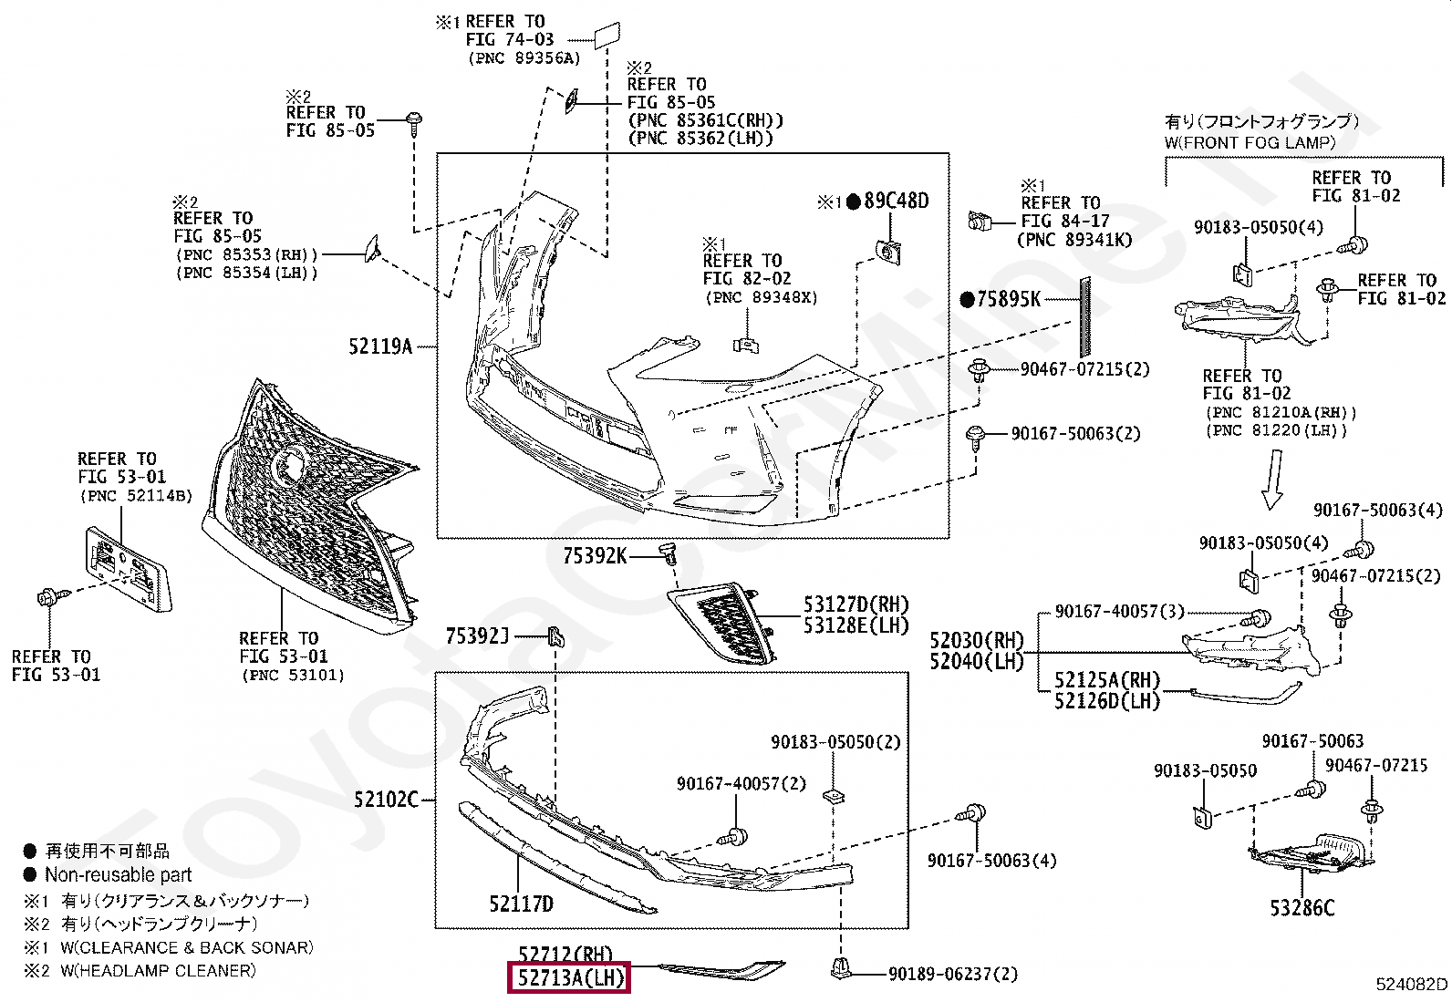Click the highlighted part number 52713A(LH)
click(568, 976)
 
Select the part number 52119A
click(380, 346)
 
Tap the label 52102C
click(386, 800)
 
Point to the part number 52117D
click(521, 904)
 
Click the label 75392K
click(595, 555)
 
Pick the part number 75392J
click(477, 636)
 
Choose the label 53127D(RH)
click(856, 604)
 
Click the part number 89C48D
click(897, 201)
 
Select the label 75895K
click(1009, 299)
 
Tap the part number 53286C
click(1302, 908)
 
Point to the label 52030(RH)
click(977, 641)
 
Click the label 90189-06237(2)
click(953, 974)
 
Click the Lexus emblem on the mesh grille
click(290, 465)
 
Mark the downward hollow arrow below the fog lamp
click(1273, 480)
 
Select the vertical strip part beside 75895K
click(1085, 317)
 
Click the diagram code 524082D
click(1412, 984)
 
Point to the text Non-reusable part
click(118, 875)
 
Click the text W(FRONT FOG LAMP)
click(1250, 142)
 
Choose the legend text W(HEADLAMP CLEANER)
click(158, 970)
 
